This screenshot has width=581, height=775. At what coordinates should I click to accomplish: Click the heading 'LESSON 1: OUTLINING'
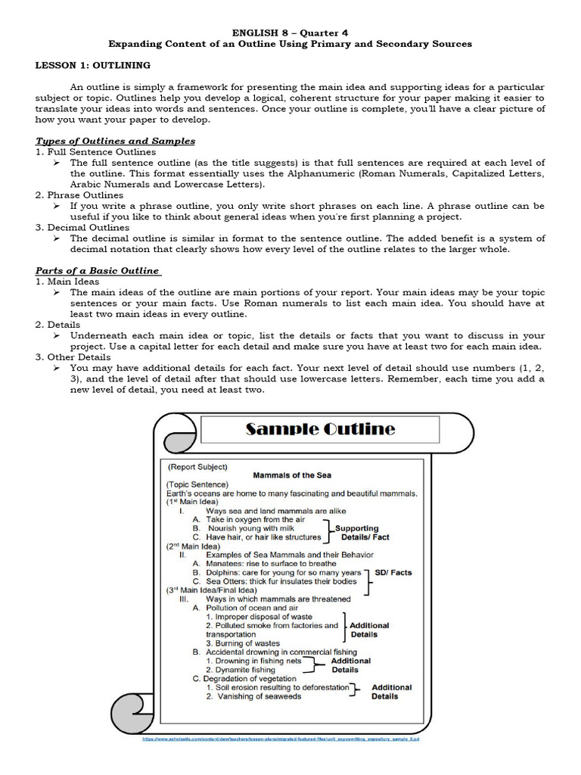[93, 66]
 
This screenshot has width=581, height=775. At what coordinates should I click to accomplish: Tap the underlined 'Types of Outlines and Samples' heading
[115, 141]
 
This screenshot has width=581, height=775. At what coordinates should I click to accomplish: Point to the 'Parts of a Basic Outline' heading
[98, 270]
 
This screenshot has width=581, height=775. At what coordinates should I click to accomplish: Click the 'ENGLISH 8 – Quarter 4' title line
[290, 33]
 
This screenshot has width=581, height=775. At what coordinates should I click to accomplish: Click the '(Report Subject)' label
[197, 467]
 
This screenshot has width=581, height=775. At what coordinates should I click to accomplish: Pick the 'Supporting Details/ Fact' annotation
[362, 532]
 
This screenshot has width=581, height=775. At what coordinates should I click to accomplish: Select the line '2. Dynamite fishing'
[241, 670]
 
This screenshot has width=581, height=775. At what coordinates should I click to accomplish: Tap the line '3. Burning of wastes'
[242, 643]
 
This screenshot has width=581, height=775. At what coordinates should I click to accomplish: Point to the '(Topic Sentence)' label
[197, 484]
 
